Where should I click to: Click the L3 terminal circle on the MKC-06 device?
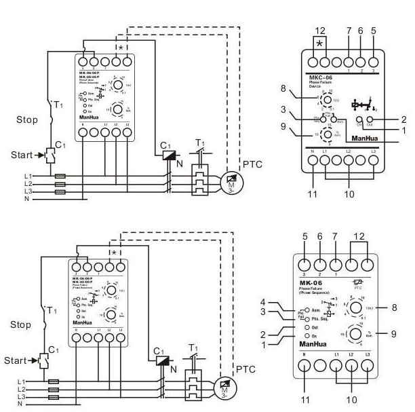[391, 160]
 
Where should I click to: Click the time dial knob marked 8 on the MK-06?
[355, 307]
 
